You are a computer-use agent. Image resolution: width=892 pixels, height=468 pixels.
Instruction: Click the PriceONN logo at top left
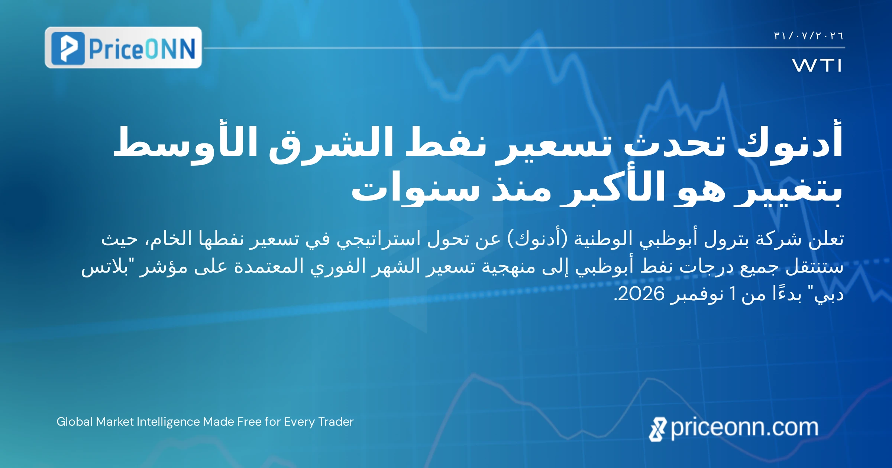[x=123, y=48]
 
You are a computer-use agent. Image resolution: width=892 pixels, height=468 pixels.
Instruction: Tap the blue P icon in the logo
[x=68, y=48]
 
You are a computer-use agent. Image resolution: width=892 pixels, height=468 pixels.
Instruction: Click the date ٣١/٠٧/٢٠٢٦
[x=808, y=36]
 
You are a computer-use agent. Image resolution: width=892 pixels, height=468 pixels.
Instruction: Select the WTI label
[x=817, y=65]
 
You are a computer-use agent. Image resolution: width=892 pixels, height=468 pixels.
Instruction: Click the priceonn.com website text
[x=744, y=428]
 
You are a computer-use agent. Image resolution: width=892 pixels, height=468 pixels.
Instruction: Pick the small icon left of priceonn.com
[x=657, y=429]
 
